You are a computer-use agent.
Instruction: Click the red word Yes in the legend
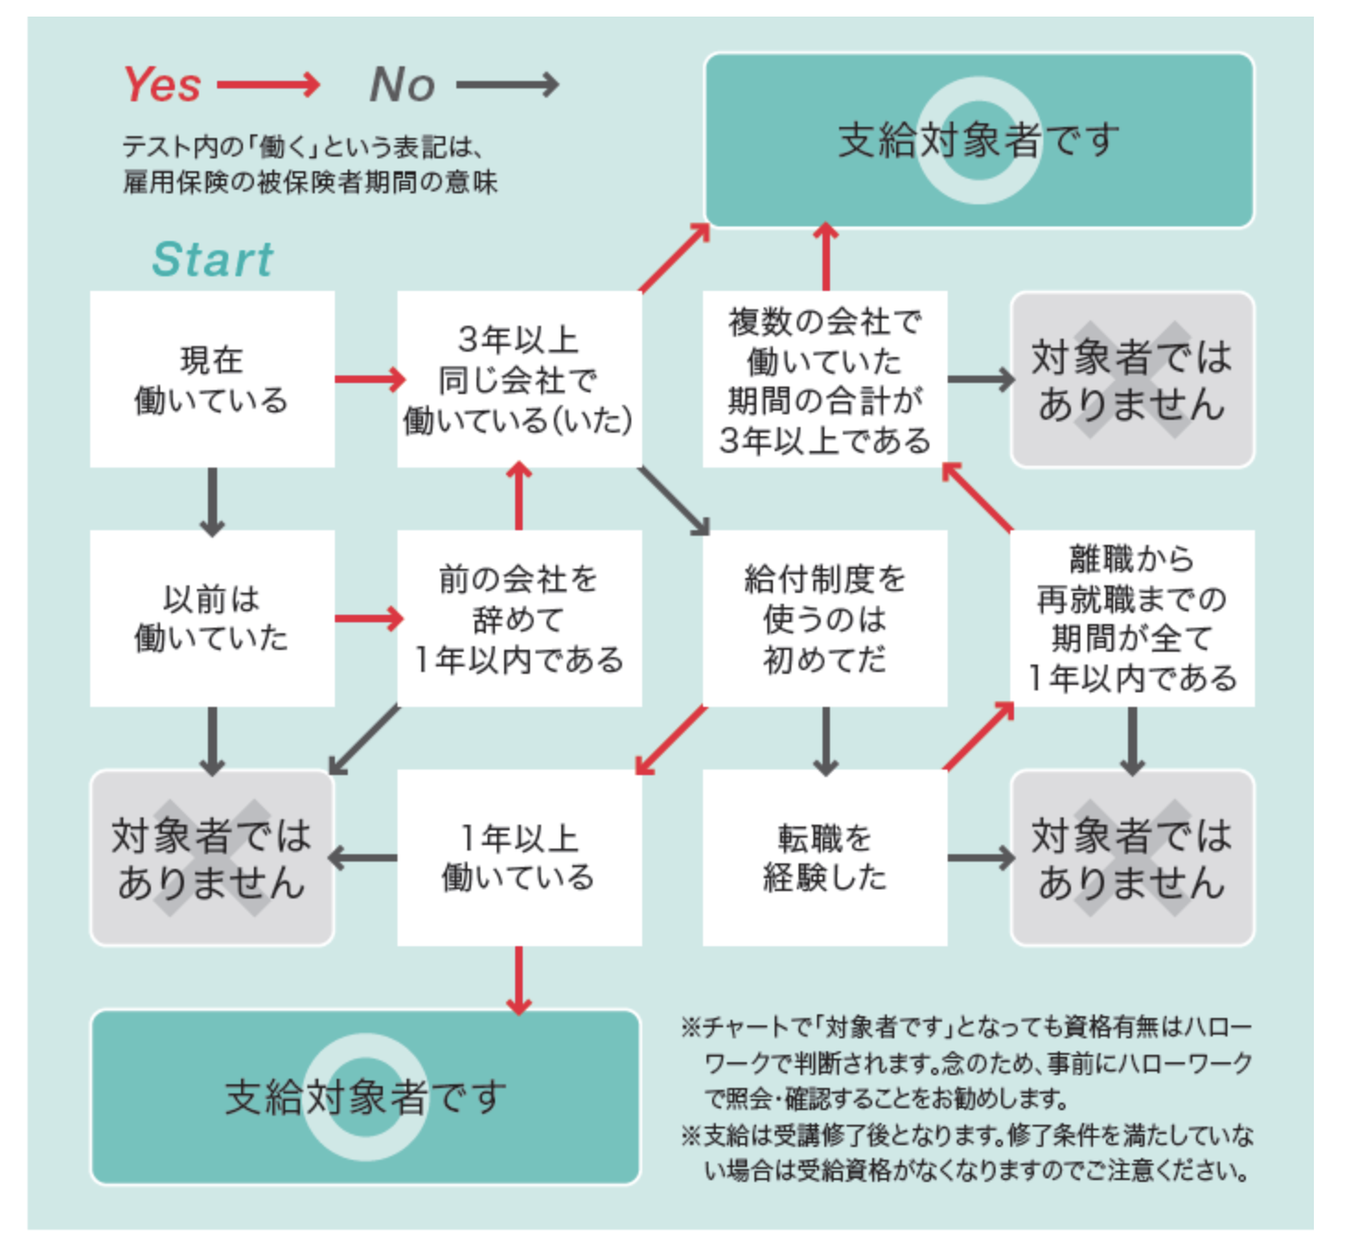(162, 85)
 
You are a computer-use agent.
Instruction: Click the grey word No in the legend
(402, 85)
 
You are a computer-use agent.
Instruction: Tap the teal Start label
(213, 259)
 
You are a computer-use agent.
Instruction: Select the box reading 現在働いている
(212, 379)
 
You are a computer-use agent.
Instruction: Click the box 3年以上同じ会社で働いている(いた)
(519, 379)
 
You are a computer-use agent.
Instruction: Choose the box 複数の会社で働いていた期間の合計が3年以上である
(824, 379)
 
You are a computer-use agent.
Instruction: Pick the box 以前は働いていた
(212, 618)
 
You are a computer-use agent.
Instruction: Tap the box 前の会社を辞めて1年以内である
(519, 618)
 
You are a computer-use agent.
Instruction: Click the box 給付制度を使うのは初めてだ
(824, 618)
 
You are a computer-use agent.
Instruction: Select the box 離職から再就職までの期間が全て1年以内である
(1132, 618)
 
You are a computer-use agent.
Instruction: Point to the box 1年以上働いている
(519, 857)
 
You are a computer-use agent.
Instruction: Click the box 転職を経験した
(824, 857)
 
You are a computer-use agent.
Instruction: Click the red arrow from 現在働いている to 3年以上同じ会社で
(368, 379)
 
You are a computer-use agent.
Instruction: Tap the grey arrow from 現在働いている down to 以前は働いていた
(213, 502)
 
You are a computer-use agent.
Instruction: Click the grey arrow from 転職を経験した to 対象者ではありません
(980, 858)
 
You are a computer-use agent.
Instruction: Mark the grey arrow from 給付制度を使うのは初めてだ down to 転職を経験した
(825, 741)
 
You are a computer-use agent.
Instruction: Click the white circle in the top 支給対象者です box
(979, 140)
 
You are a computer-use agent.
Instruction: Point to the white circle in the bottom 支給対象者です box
(365, 1096)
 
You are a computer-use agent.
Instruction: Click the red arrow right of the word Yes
(269, 86)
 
